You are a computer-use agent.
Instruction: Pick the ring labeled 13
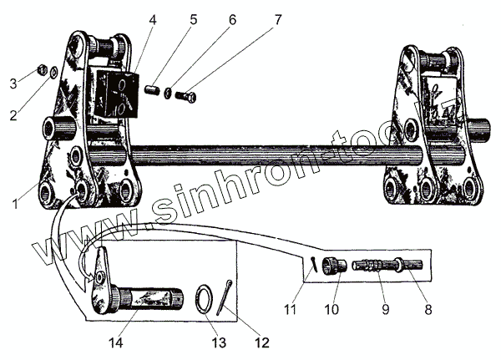tap(205, 298)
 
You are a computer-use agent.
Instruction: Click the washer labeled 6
tap(170, 91)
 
